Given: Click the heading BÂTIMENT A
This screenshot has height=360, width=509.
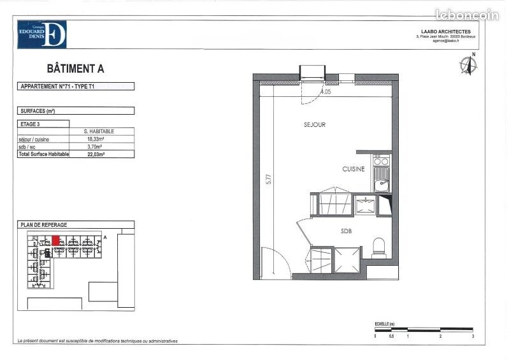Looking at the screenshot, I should click(75, 68).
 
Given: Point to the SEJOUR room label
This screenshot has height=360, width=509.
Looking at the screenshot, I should click(314, 125).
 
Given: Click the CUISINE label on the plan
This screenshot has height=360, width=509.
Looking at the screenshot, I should click(354, 169).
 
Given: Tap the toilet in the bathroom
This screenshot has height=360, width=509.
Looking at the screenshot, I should click(380, 247).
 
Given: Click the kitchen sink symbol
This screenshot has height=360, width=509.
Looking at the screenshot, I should click(382, 185).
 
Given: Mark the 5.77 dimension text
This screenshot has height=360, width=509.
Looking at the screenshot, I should click(269, 180).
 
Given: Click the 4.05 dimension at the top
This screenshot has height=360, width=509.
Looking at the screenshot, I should click(326, 92).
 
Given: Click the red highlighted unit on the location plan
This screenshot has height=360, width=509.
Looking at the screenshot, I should click(56, 240).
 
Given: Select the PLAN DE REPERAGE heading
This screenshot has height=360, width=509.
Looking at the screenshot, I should click(43, 225).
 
